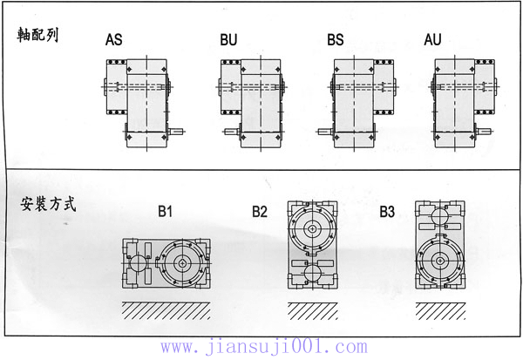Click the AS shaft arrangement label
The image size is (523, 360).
(x=113, y=39)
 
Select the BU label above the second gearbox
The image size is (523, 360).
(x=228, y=39)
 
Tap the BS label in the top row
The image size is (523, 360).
(x=336, y=39)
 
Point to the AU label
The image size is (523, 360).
(x=432, y=39)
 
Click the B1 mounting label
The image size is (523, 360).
(x=165, y=211)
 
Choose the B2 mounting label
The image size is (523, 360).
(x=260, y=212)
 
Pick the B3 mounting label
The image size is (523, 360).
(x=387, y=212)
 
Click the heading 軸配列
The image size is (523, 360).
(x=37, y=35)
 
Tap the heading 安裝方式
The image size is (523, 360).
(x=48, y=204)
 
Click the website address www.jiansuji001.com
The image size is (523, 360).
(x=264, y=347)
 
